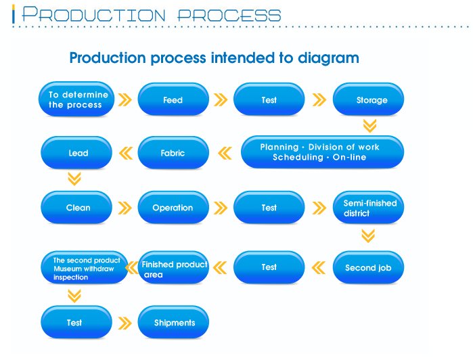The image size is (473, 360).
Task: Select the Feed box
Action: (173, 99)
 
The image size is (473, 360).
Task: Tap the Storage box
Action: (369, 99)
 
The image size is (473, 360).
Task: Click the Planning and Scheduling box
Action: (320, 152)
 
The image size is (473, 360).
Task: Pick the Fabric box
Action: (173, 153)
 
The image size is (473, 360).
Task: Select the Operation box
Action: (173, 207)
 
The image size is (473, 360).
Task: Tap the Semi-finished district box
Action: (369, 207)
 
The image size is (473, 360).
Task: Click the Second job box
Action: (369, 267)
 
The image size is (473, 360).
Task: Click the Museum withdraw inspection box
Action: (84, 268)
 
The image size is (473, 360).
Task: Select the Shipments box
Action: (174, 322)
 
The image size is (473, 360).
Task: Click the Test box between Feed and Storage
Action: (269, 99)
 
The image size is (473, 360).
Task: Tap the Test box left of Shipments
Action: (75, 322)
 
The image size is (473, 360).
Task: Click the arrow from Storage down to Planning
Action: (369, 125)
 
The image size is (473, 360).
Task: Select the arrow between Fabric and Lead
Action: (125, 154)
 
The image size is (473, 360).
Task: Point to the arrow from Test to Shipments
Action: (125, 323)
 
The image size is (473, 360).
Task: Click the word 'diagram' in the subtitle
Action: (328, 58)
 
